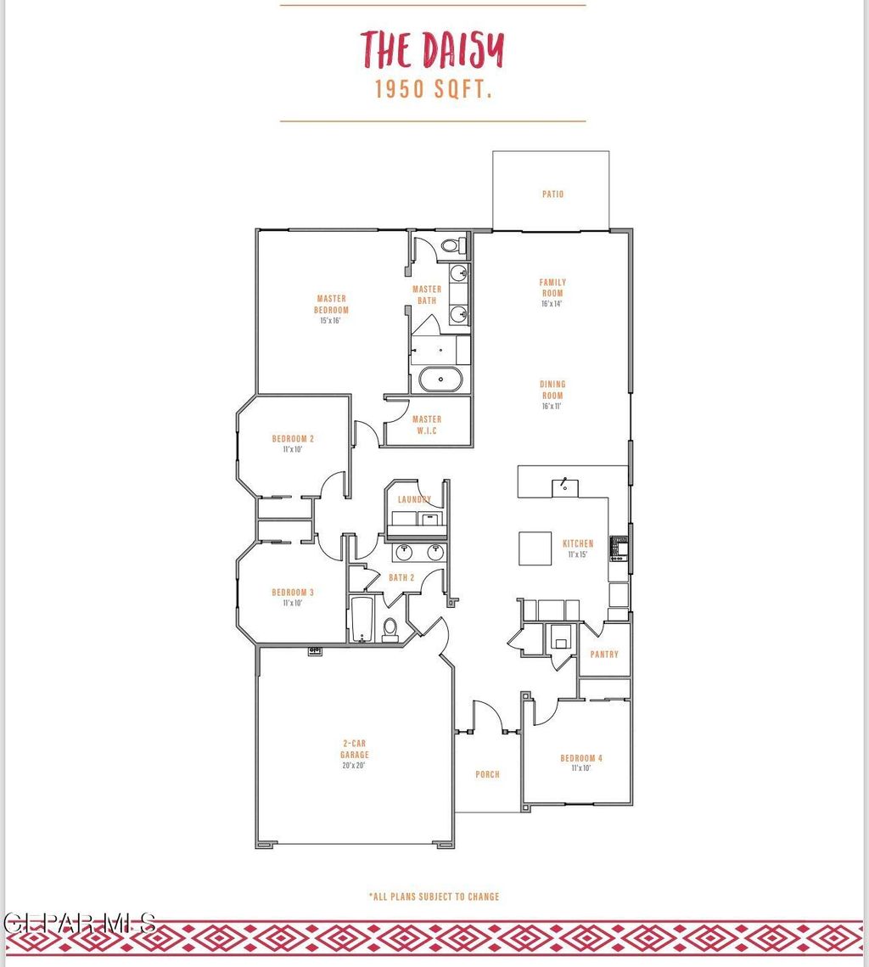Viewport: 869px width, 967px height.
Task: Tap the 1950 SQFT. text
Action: pos(434,90)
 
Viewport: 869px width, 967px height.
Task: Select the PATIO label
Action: pos(552,194)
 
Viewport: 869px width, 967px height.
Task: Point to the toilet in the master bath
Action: pos(451,246)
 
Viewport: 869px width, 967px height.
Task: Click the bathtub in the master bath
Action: pos(440,379)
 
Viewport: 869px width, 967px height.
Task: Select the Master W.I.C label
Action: pos(426,424)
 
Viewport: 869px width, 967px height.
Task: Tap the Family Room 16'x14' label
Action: pos(552,292)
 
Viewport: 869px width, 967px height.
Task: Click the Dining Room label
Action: pos(552,395)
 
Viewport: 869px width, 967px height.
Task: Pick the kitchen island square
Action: pos(535,548)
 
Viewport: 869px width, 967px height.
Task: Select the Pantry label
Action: pos(604,655)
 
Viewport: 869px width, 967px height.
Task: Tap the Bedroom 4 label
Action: pos(581,762)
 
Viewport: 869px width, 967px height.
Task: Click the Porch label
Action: pos(487,774)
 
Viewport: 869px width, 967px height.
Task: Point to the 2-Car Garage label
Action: pos(355,754)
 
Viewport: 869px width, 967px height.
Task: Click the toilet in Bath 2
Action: pos(390,628)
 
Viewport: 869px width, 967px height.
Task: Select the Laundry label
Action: pos(414,500)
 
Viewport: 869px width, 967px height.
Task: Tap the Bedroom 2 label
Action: pos(293,443)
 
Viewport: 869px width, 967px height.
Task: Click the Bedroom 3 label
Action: pos(293,597)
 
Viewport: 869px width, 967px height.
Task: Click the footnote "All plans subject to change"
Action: pos(434,897)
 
